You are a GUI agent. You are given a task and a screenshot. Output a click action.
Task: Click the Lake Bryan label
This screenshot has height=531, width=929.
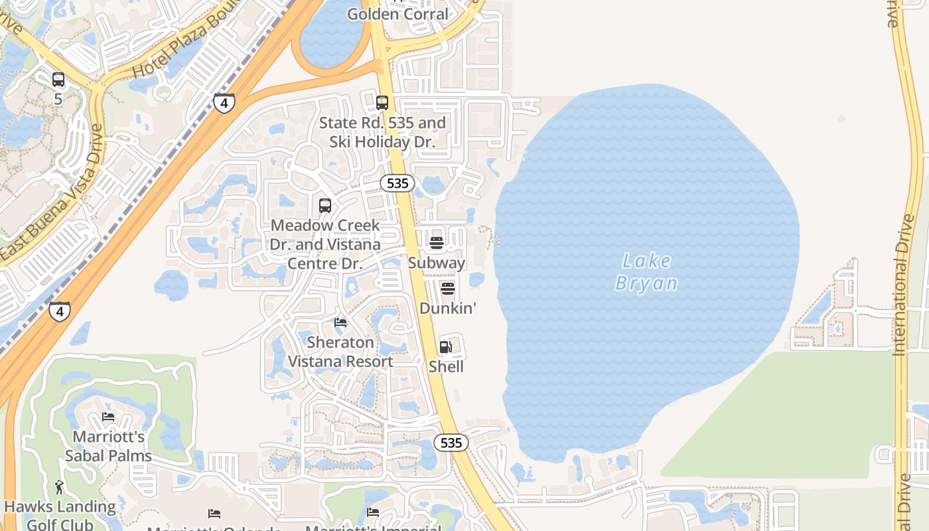click(x=646, y=272)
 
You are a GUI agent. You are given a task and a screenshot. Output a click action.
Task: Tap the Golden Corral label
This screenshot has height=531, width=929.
click(x=397, y=14)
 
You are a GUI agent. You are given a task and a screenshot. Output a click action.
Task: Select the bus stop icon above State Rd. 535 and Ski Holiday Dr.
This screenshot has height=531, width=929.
click(x=382, y=103)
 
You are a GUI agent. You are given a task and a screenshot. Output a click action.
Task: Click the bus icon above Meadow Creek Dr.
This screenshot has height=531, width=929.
click(x=325, y=206)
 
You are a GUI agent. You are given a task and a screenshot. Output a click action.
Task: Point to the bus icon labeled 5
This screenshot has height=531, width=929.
click(x=58, y=80)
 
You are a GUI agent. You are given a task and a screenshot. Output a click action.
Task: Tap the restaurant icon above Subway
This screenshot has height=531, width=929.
click(x=436, y=243)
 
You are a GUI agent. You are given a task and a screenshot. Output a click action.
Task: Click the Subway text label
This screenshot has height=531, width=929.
click(x=437, y=263)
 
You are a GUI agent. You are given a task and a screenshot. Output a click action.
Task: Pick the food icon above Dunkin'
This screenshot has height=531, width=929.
click(x=448, y=289)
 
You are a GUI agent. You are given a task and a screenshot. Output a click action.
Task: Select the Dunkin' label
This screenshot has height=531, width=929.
click(x=448, y=309)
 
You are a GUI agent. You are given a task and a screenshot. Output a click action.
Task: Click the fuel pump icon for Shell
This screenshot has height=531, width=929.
click(x=445, y=347)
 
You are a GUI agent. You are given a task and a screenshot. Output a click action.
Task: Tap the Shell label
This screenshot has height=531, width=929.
click(x=446, y=367)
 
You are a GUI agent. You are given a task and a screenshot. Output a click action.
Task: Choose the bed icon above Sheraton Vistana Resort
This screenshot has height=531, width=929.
click(x=340, y=323)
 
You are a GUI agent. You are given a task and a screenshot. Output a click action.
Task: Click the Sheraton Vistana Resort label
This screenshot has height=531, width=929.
click(x=340, y=352)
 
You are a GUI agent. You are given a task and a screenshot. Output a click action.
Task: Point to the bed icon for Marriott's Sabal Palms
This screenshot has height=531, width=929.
click(x=108, y=417)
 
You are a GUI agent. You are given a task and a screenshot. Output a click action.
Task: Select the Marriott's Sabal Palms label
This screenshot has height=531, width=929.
click(x=108, y=446)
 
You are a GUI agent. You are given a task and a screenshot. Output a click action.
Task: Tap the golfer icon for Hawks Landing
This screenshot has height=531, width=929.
click(x=59, y=487)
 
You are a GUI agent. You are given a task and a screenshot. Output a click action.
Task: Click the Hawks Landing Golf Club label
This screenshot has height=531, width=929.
click(x=60, y=515)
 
